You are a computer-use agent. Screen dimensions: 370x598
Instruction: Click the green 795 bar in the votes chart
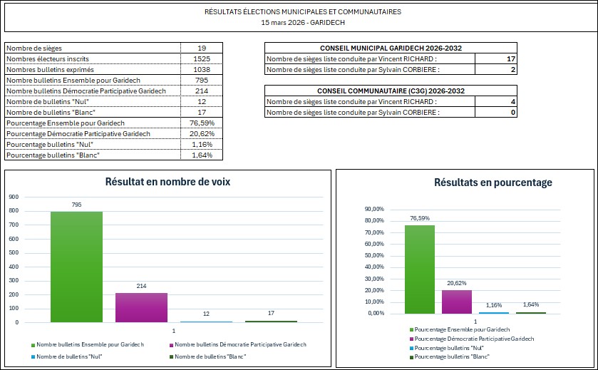pos(76,267)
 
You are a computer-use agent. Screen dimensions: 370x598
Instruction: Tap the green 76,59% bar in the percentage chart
pos(419,269)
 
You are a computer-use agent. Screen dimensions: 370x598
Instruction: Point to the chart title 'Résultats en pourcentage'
pos(493,183)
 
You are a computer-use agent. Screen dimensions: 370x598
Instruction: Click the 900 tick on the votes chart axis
pos(13,197)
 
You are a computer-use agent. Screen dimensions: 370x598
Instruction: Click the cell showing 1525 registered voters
pos(201,58)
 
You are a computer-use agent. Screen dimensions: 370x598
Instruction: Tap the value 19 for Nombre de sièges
pos(201,48)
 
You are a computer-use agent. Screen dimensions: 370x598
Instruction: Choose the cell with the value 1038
pos(201,69)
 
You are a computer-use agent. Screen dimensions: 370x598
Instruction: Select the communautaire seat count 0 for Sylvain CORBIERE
pos(512,113)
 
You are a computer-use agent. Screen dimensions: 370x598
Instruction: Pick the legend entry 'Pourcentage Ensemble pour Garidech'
pos(461,329)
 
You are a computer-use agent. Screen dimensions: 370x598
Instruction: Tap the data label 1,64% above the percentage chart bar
pos(530,304)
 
